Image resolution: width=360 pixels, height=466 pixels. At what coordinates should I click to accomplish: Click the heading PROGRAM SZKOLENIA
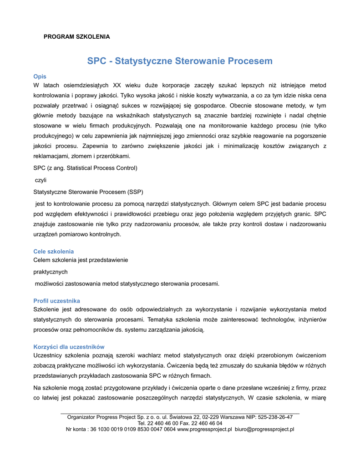tap(76, 36)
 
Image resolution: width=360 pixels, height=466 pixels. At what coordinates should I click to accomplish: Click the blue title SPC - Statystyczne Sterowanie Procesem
tap(180, 61)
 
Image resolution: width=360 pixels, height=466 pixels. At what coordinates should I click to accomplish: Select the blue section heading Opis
tap(40, 76)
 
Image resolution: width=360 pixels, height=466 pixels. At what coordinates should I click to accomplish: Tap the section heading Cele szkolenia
tap(54, 251)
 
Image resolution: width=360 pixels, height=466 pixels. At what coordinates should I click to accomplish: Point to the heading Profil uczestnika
tap(57, 301)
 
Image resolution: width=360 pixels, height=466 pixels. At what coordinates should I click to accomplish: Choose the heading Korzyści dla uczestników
tap(69, 347)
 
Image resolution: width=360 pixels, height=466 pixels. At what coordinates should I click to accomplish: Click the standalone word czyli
tap(41, 180)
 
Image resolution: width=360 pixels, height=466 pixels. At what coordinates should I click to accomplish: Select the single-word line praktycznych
tap(51, 272)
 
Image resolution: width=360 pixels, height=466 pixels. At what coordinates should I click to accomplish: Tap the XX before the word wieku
tap(117, 85)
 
